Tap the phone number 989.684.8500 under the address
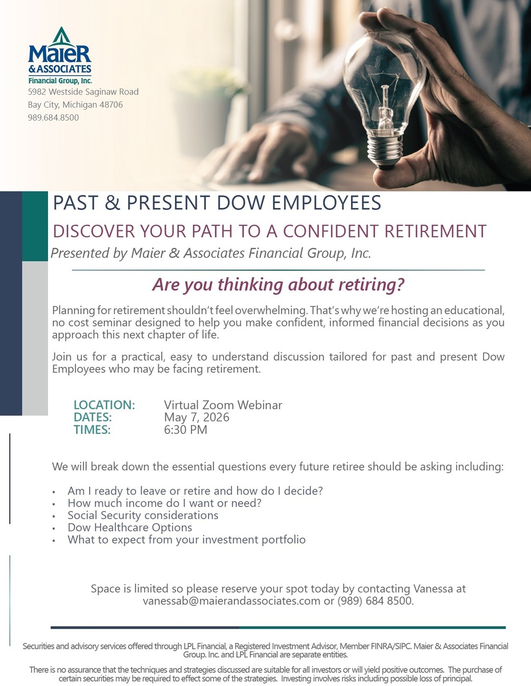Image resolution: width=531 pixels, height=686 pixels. tap(53, 118)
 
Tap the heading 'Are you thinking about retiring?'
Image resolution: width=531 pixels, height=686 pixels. tap(278, 284)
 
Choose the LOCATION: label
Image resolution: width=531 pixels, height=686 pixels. tap(104, 405)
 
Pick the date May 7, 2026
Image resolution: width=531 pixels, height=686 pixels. tap(197, 417)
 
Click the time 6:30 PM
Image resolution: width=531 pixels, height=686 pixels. tap(186, 429)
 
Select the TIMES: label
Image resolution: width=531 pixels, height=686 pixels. tap(92, 429)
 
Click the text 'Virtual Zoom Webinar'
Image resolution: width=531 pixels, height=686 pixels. tap(223, 405)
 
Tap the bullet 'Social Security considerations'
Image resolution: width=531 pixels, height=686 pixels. tap(143, 515)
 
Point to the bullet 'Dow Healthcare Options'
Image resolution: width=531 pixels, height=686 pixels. tap(130, 527)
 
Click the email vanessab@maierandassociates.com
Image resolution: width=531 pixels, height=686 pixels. tap(231, 601)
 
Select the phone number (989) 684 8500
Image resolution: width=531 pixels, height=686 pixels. tap(374, 601)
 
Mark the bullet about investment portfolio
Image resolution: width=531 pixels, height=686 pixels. tap(186, 539)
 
